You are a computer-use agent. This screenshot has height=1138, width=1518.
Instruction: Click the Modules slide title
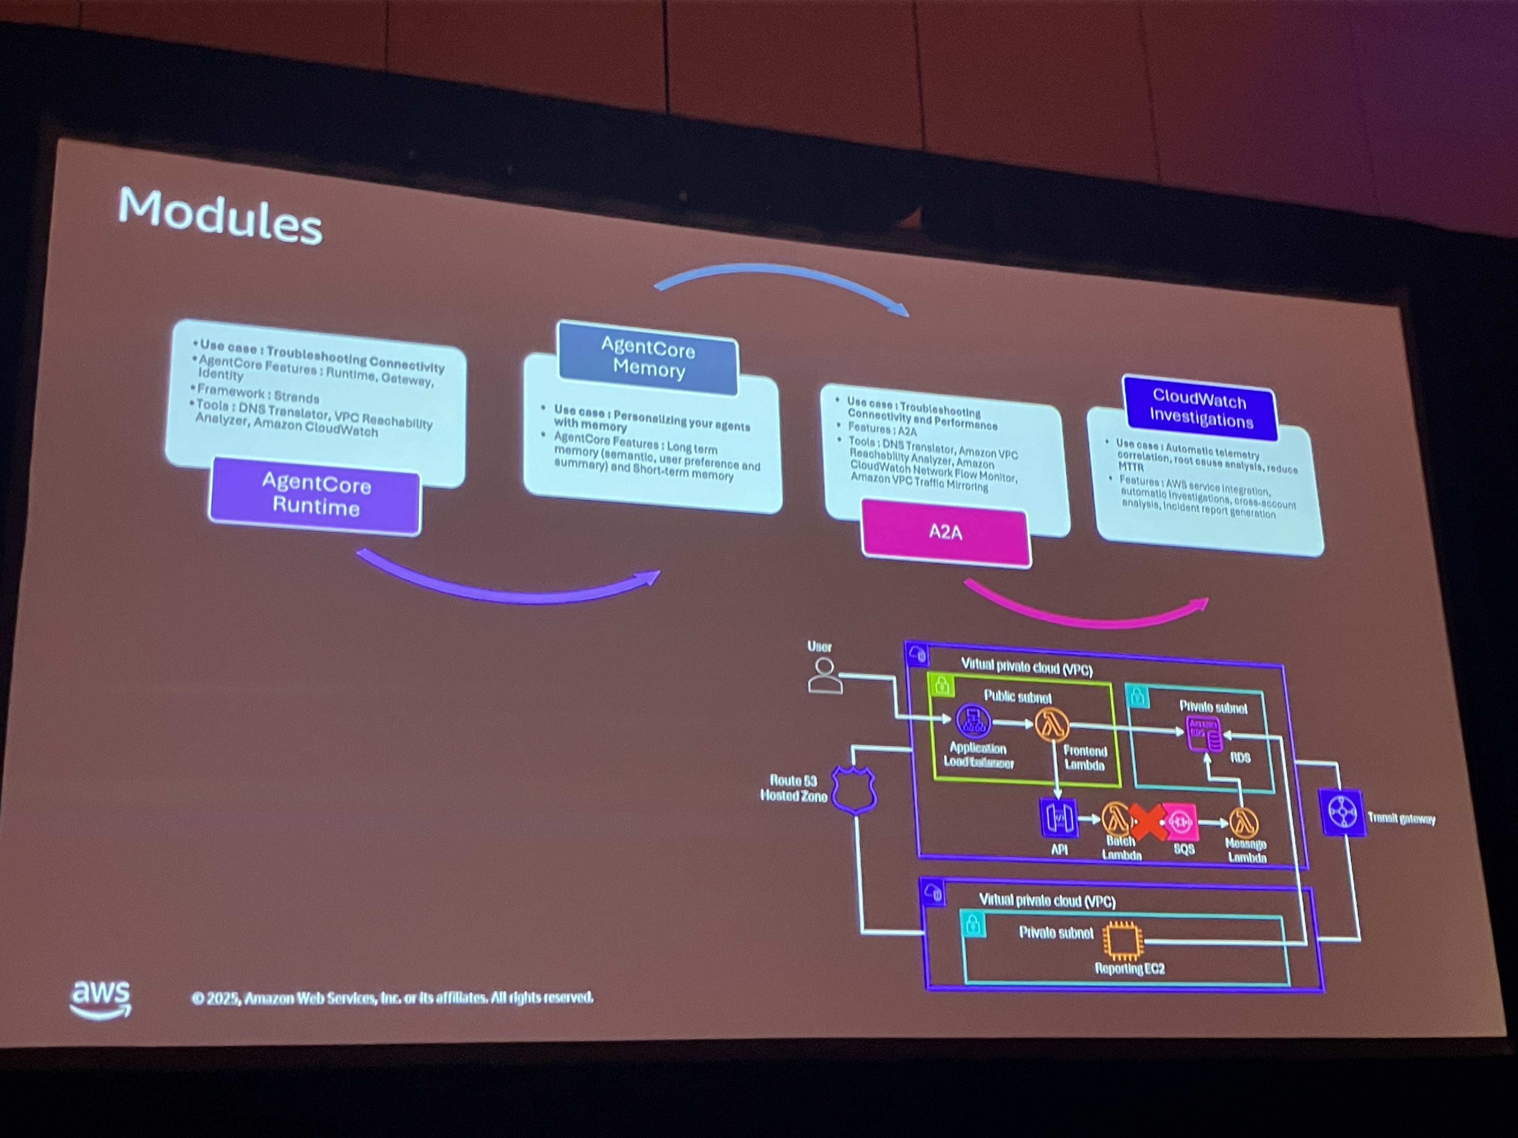(x=219, y=215)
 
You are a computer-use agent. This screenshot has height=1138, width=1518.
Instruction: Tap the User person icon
(x=824, y=676)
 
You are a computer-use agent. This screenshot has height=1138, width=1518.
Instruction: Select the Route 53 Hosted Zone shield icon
(x=854, y=790)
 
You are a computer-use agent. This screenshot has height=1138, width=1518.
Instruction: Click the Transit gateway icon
(x=1342, y=813)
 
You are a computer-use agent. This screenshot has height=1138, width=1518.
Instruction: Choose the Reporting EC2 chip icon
(x=1123, y=940)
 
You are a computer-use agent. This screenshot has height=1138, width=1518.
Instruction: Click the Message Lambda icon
(x=1244, y=823)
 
